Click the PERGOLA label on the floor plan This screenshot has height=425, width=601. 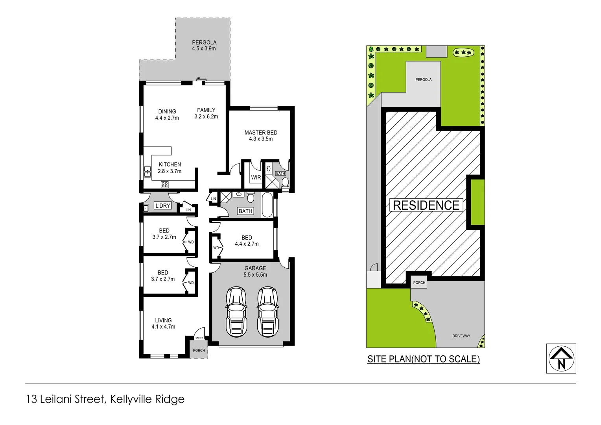pyautogui.click(x=204, y=45)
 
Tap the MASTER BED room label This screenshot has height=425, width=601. pyautogui.click(x=261, y=136)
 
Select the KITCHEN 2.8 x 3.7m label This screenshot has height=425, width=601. pyautogui.click(x=170, y=168)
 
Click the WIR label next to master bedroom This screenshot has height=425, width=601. pyautogui.click(x=256, y=177)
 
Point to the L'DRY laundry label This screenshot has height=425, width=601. pyautogui.click(x=162, y=205)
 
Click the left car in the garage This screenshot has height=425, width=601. pyautogui.click(x=236, y=312)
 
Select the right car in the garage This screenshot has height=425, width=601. pyautogui.click(x=267, y=312)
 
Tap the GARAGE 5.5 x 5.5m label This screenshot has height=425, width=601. pyautogui.click(x=255, y=272)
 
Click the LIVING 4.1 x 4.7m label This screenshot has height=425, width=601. pyautogui.click(x=163, y=323)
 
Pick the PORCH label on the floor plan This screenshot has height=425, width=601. pyautogui.click(x=199, y=350)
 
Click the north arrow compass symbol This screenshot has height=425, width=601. pyautogui.click(x=561, y=358)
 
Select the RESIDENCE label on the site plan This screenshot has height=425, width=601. pyautogui.click(x=426, y=205)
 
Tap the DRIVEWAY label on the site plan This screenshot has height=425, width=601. pyautogui.click(x=461, y=336)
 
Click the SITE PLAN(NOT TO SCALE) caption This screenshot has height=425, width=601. pyautogui.click(x=423, y=359)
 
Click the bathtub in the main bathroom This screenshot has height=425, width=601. pyautogui.click(x=267, y=205)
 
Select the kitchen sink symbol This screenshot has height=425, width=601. pyautogui.click(x=147, y=172)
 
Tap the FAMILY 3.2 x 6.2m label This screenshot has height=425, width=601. pyautogui.click(x=206, y=113)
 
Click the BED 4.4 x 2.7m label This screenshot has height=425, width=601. pyautogui.click(x=247, y=241)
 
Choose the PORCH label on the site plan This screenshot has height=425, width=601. pyautogui.click(x=419, y=283)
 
